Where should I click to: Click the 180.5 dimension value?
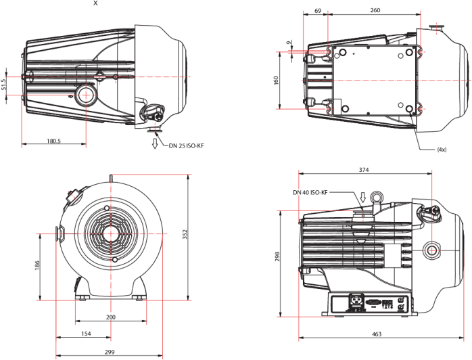pos(53,141)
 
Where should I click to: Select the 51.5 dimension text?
pos(3,85)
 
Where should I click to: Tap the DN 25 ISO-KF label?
pos(187,145)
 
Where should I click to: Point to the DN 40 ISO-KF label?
pos(310,192)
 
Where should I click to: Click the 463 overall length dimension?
pos(377,334)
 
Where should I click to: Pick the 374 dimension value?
pos(364,170)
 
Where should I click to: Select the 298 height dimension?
pos(277,256)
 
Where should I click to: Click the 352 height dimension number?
pos(185,234)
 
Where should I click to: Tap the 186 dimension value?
pos(37,265)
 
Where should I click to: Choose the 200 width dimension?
pos(111,317)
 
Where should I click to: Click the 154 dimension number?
pos(86,334)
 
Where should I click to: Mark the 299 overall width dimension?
pos(110,352)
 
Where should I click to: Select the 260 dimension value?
pos(375,10)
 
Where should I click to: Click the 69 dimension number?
pos(318,11)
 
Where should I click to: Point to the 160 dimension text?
pos(276,81)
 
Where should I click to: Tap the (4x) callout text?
pos(442,150)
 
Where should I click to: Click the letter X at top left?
pos(96,3)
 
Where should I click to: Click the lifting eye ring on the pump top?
pos(376,198)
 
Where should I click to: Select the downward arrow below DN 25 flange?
pos(155,143)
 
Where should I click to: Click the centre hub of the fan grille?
pos(111,233)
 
